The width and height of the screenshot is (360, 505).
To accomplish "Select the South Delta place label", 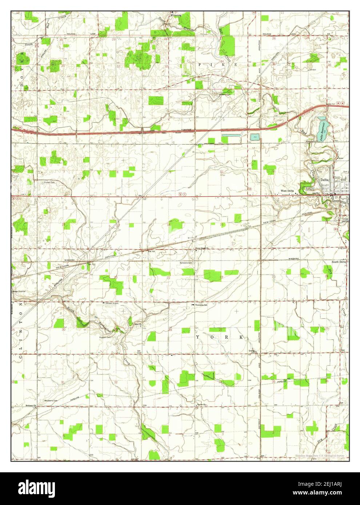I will [x=339, y=262].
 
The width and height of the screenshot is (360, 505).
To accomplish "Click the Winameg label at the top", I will [x=177, y=16].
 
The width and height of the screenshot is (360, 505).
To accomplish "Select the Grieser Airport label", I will [x=113, y=303].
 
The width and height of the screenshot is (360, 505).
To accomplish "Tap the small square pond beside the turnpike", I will [x=254, y=137].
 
